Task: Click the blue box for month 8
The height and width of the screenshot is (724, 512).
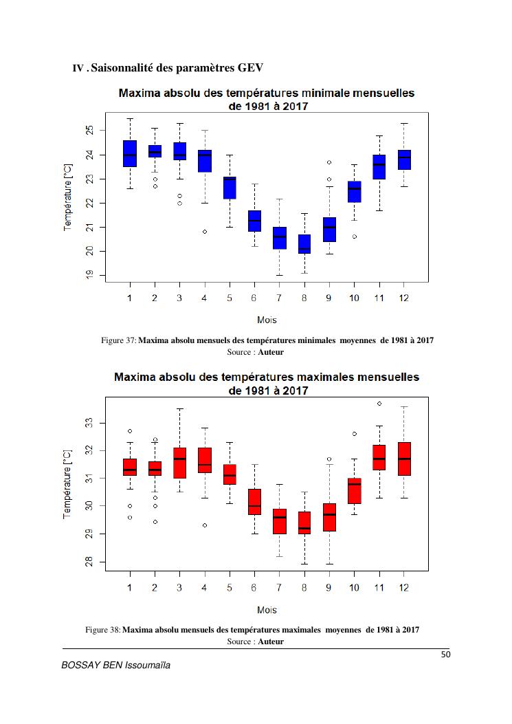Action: coord(304,244)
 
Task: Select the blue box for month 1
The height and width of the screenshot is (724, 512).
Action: coord(130,154)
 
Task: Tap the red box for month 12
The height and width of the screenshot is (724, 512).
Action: coord(404,459)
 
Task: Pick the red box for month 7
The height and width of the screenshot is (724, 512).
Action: coord(280,521)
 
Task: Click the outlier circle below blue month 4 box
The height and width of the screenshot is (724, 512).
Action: coord(205,232)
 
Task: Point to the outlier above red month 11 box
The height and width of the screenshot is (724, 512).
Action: coord(379,404)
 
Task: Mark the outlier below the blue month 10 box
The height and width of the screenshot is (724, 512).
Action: coord(355,237)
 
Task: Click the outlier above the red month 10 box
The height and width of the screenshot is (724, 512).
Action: coord(355,434)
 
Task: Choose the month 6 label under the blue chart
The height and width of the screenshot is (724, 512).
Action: coord(254,298)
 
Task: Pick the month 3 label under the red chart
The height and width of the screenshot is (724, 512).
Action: coord(179,588)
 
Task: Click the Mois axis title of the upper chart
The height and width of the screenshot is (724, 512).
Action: coord(267,320)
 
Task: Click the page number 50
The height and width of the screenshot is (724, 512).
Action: coord(445,655)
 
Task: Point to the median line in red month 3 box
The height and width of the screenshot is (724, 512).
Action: coord(179,459)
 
